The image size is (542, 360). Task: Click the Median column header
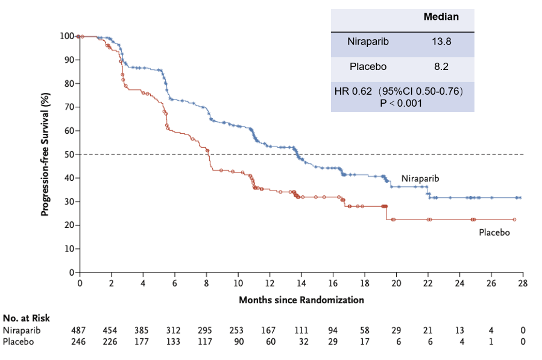point(441,17)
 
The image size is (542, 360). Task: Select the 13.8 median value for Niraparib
point(441,42)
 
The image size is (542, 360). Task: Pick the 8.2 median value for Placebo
point(441,68)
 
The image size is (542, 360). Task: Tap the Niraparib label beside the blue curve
point(420,179)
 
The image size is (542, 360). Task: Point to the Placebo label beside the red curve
point(494,232)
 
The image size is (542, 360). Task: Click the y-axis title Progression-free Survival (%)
point(45,154)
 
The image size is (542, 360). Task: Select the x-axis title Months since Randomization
point(301,300)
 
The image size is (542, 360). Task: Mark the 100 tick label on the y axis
point(68,36)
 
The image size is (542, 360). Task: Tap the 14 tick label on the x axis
point(301,283)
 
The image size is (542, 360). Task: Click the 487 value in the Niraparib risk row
point(79,330)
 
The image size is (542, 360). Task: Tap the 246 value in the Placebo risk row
point(79,341)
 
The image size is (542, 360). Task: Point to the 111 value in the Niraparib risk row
point(301,330)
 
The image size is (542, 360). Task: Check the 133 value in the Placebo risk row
point(174,341)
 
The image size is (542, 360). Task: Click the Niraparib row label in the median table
point(368,42)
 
